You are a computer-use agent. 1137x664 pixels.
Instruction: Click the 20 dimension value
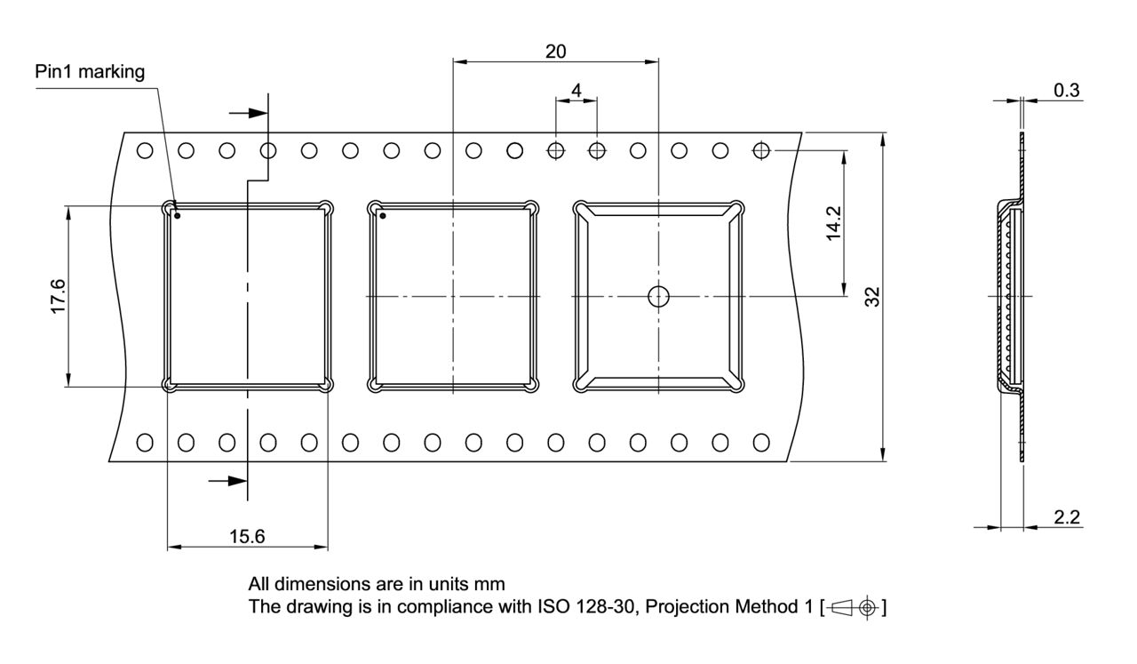coord(555,51)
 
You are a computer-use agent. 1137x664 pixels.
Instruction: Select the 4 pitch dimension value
coord(576,90)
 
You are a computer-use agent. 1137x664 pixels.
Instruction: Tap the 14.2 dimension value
coord(832,222)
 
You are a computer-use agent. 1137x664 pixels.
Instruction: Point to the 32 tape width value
coord(873,297)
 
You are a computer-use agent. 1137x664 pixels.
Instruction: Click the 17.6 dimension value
coord(57,296)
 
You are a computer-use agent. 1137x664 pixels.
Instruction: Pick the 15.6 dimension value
coord(247,536)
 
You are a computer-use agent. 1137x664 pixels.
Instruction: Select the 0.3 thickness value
coord(1067,90)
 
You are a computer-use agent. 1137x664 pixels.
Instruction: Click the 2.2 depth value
coord(1067,517)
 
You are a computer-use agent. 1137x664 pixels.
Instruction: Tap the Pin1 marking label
coord(90,72)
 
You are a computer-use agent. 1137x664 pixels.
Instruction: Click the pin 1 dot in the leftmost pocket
coord(178,215)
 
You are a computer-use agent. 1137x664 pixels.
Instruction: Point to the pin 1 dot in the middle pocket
coord(383,215)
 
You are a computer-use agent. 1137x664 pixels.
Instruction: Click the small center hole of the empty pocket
coord(657,296)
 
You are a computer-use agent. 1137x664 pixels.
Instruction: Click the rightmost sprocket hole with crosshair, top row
coord(760,150)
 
